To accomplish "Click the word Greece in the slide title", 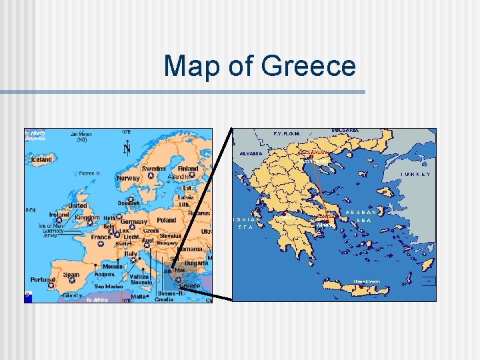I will point(309,67).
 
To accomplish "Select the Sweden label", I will point(154,169).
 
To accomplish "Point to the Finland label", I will point(188,169).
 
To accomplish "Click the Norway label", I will point(128,178).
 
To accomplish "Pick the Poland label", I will point(166,220).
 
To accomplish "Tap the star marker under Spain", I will point(71,283).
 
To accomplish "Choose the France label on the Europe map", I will point(101,237).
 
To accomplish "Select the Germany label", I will point(135,221).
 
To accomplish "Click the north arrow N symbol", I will point(127,149).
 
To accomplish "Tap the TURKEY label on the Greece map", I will point(415,174).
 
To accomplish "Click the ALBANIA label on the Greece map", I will point(251,153).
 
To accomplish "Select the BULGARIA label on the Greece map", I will point(345,131).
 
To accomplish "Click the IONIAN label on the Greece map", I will point(246,219).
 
